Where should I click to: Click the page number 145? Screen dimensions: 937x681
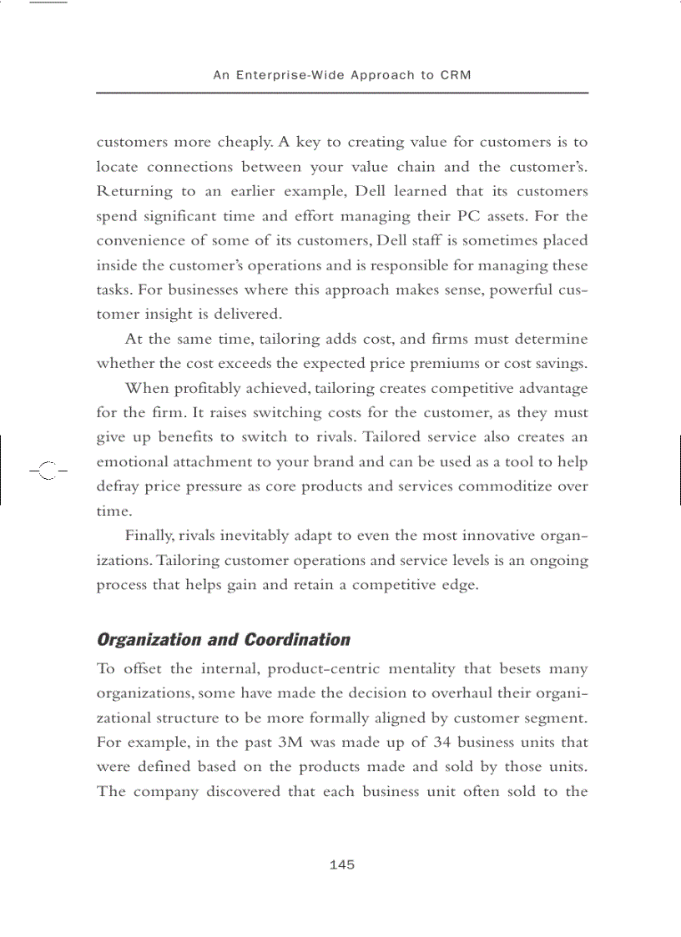click(x=342, y=864)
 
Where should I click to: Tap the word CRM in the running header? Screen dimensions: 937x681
click(x=456, y=75)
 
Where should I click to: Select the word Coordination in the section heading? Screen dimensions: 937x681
click(x=296, y=640)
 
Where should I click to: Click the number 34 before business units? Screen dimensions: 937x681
click(x=442, y=742)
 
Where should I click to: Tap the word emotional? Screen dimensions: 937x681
click(x=132, y=461)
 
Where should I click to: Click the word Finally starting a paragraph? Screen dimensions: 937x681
click(x=150, y=536)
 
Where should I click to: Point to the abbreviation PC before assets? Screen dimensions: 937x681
click(x=489, y=216)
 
